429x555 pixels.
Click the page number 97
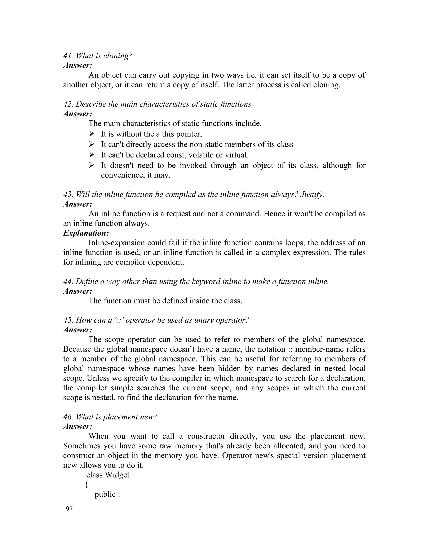[x=69, y=509]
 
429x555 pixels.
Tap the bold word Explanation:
[x=86, y=233]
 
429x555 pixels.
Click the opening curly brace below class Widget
[x=87, y=485]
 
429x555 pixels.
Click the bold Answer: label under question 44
[x=78, y=291]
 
